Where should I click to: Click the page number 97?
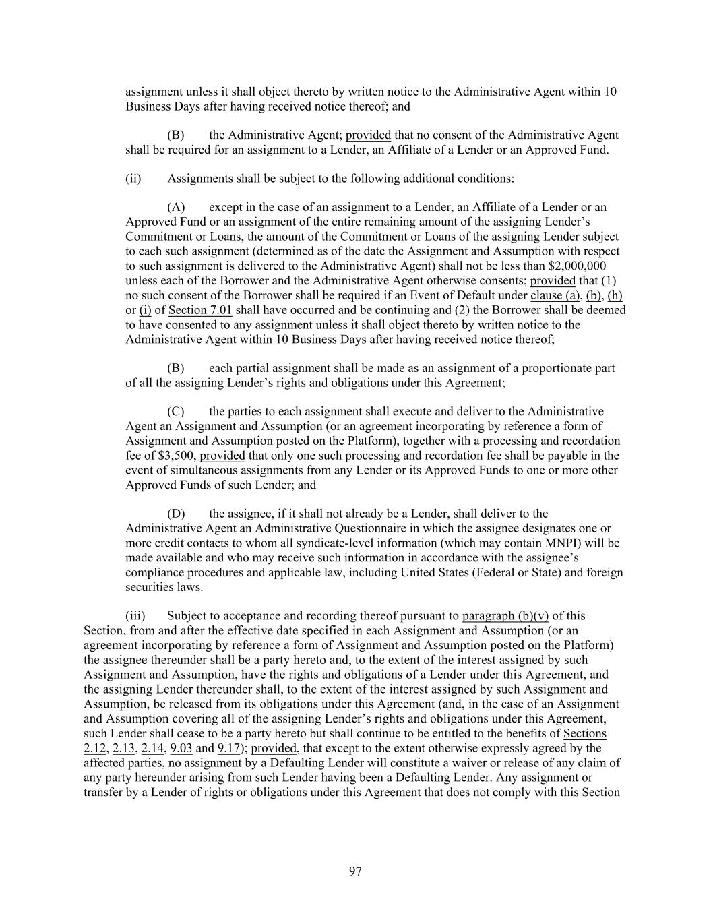coord(355,871)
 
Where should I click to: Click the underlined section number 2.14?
coord(153,748)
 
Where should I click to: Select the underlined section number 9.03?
coord(181,748)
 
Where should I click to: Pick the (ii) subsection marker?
coord(133,179)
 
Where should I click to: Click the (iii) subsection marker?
coord(135,616)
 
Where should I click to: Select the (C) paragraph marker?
coord(175,411)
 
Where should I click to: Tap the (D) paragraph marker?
coord(175,514)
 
